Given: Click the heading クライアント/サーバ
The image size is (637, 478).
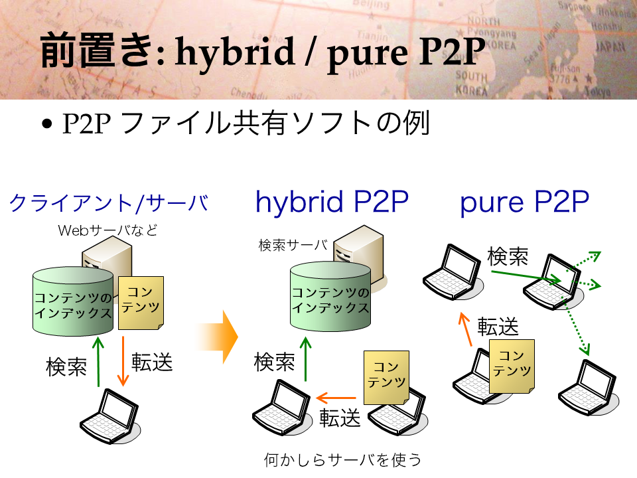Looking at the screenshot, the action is click(108, 203).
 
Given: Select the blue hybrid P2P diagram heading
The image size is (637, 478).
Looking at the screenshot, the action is click(332, 202).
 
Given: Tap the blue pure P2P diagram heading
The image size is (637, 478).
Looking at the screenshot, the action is click(524, 202).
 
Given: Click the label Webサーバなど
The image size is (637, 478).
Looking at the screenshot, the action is click(107, 230).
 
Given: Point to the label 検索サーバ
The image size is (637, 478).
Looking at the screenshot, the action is click(293, 245).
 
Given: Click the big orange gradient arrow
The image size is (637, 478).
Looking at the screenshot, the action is click(217, 337).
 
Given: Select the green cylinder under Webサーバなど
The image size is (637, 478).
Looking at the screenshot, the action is click(73, 301).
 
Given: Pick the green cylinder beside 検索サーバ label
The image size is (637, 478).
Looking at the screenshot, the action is click(330, 296).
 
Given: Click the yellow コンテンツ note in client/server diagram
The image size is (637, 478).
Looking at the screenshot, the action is click(141, 303).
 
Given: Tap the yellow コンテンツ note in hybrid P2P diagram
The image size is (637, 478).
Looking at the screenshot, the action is click(386, 378).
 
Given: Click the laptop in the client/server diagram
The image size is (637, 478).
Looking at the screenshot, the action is click(110, 416).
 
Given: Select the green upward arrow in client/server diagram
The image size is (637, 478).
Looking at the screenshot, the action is click(98, 361).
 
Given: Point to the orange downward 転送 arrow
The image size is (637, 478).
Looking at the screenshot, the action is click(123, 361).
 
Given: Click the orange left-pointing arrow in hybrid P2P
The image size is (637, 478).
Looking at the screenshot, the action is click(336, 398).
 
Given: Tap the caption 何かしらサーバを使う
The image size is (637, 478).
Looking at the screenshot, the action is click(342, 459).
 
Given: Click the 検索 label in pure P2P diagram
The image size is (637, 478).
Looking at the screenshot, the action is click(508, 256).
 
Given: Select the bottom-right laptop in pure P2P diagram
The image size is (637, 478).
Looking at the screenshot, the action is click(589, 388).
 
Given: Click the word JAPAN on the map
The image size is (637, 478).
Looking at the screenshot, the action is click(610, 47).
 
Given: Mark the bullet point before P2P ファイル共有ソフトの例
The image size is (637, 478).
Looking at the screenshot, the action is click(47, 123).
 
